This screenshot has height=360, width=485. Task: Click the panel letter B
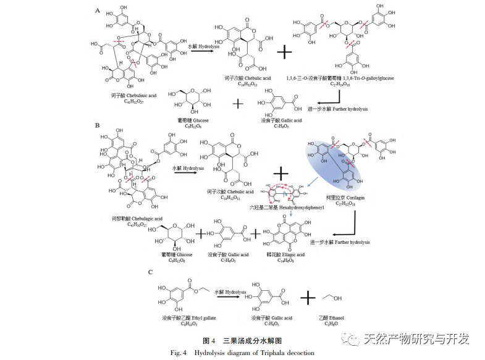98,125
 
